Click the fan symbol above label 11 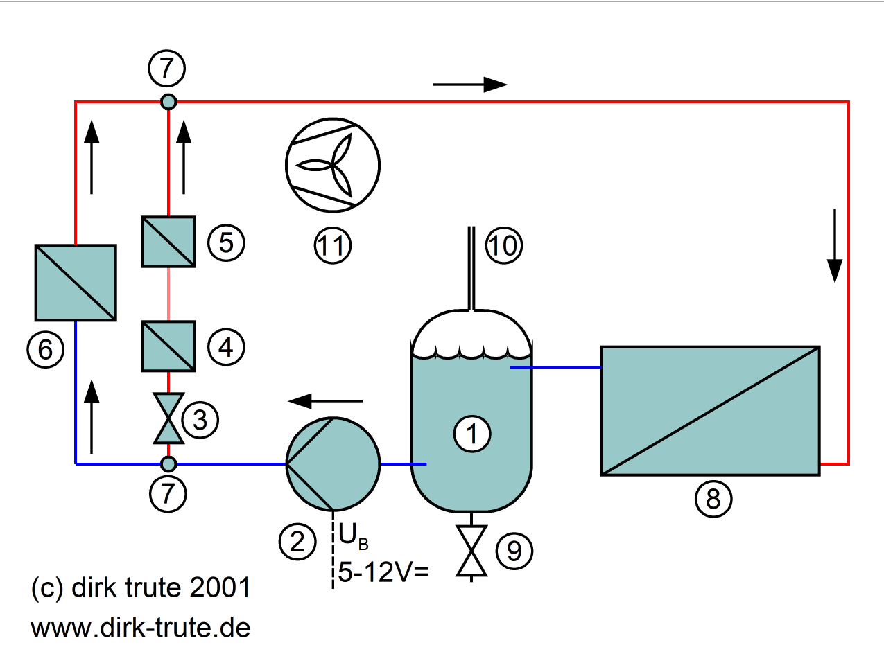coord(333,165)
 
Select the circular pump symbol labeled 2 coord(333,464)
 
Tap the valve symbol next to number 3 coord(168,418)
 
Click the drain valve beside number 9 coord(471,551)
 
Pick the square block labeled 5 coord(168,242)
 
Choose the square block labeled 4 coord(168,346)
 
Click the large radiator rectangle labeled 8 coord(711,411)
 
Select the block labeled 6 coord(76,283)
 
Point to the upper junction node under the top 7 coord(168,102)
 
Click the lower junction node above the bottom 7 coord(168,464)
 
